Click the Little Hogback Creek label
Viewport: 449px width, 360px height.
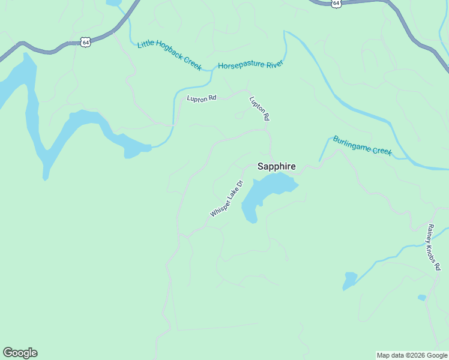pos(169,55)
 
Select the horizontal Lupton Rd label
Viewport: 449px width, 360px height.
pos(201,98)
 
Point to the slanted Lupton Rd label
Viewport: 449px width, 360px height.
pos(259,109)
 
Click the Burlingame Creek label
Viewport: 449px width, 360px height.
pos(362,146)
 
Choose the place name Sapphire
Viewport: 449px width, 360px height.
pos(276,166)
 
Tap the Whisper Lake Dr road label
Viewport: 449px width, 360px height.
pos(226,199)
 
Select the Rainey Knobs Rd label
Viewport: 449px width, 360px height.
pos(434,247)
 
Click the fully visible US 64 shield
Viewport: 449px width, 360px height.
pos(86,41)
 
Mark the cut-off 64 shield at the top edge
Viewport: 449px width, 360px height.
pos(336,3)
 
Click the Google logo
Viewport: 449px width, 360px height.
pos(20,353)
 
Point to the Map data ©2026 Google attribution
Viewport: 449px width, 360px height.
pos(412,355)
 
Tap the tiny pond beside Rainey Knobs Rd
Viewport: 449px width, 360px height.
pos(422,298)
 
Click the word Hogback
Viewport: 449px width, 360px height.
pos(170,55)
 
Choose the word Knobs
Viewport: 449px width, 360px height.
pos(433,247)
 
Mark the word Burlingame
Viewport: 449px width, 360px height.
pos(352,143)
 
